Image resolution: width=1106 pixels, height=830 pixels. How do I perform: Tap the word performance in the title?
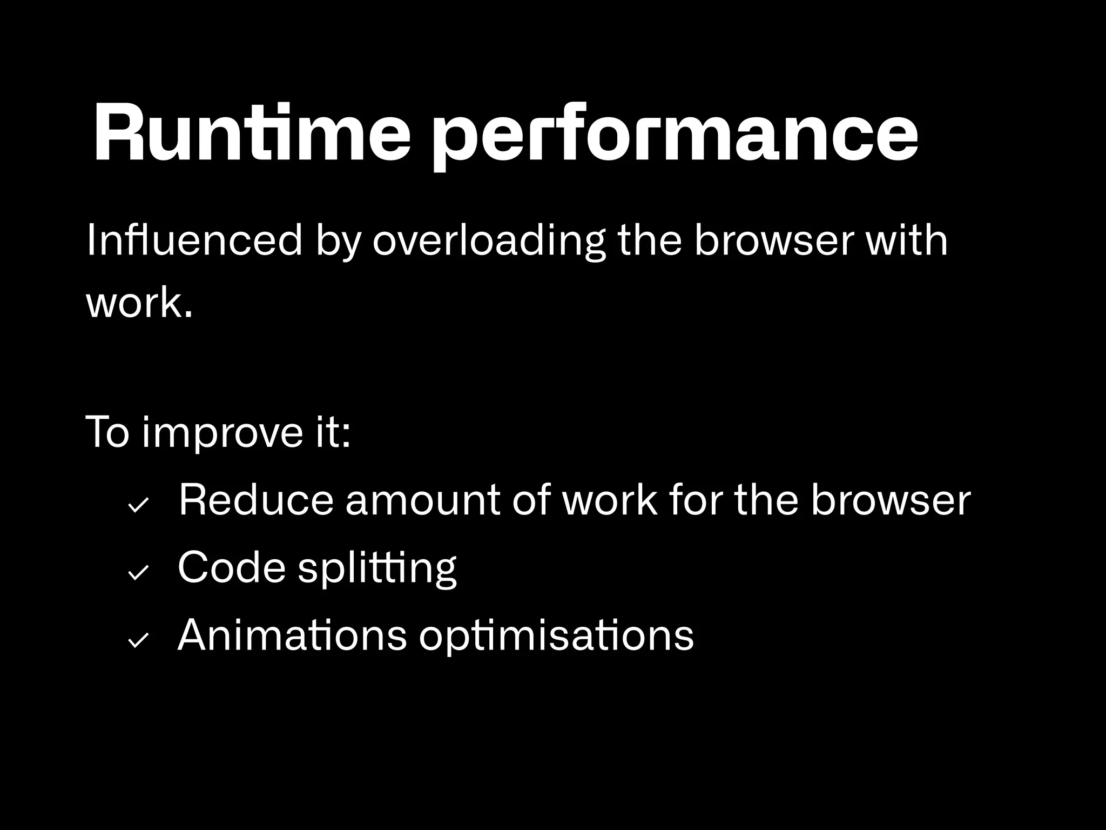point(676,135)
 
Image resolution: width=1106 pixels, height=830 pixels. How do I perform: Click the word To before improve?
point(107,433)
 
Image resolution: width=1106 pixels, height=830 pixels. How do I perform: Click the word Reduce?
point(256,501)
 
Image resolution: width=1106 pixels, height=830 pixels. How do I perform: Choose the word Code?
point(231,567)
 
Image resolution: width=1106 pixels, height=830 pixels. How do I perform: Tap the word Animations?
point(292,635)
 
